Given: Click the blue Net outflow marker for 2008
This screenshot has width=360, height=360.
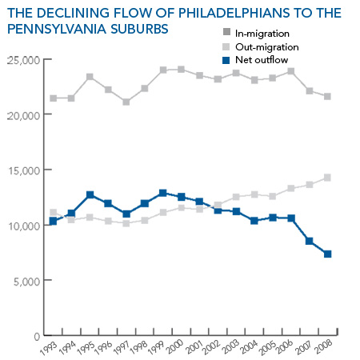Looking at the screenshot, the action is pos(327,254).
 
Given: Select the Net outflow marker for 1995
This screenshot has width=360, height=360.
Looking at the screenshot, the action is pos(90,195).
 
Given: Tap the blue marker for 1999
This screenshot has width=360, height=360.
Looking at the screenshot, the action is pos(163,193).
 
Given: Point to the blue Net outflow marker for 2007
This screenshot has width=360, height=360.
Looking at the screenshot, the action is pos(309,241).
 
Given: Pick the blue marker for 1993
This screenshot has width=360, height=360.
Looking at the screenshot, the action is pos(53,221).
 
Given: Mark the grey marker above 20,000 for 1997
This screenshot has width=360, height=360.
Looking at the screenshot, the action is pos(126,102).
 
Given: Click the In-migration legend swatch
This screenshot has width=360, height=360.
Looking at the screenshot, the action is pos(226,32).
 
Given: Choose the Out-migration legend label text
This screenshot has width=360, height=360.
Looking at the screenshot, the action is pos(267,47).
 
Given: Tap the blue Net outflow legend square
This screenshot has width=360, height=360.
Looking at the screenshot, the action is pos(226,60).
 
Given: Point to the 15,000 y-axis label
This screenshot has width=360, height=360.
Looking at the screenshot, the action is pos(25,171).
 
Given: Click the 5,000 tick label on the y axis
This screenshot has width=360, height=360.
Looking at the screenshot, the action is pos(27,282).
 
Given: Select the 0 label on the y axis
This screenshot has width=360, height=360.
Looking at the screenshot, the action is pos(37,337).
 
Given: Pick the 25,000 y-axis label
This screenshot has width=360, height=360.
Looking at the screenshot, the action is pos(23,61).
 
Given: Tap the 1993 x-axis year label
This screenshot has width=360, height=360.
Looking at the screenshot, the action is pos(48,349).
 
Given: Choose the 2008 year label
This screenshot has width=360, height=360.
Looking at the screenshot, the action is pos(323,347).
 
